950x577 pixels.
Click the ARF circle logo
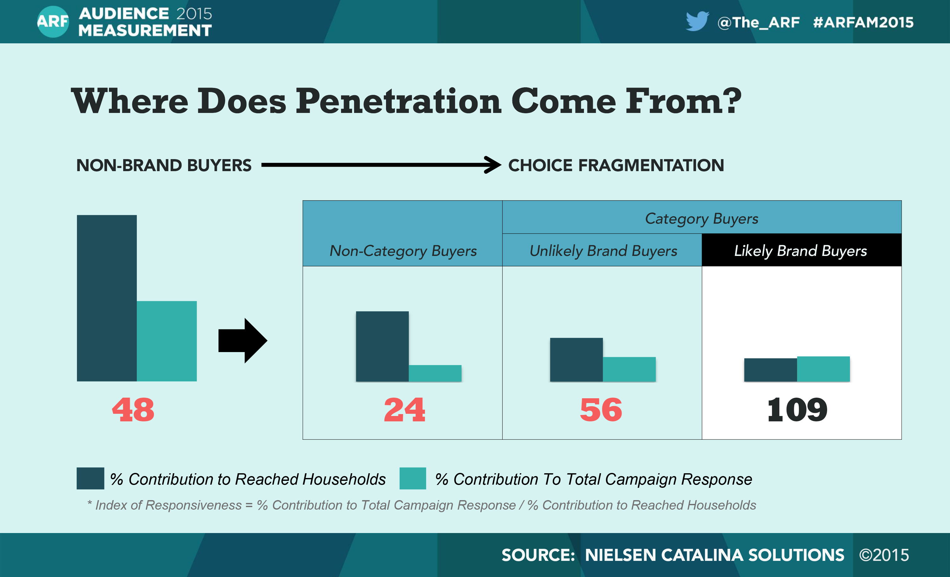tap(53, 22)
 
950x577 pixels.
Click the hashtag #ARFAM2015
tap(863, 22)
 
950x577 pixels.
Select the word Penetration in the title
tap(399, 101)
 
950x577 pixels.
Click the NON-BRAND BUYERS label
tap(163, 165)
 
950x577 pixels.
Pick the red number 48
tap(133, 410)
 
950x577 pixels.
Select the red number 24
tap(404, 410)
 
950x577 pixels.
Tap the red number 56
tap(601, 410)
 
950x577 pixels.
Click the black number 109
tap(797, 410)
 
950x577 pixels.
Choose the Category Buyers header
tap(702, 218)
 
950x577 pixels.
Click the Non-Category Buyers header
tap(403, 251)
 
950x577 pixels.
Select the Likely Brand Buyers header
tap(801, 251)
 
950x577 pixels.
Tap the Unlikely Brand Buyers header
tap(603, 251)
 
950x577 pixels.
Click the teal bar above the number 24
tap(435, 373)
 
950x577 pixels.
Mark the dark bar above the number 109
tap(770, 370)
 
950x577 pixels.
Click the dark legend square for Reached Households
tap(90, 478)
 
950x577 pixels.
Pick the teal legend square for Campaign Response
tap(413, 478)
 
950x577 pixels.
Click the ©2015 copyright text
tap(884, 555)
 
